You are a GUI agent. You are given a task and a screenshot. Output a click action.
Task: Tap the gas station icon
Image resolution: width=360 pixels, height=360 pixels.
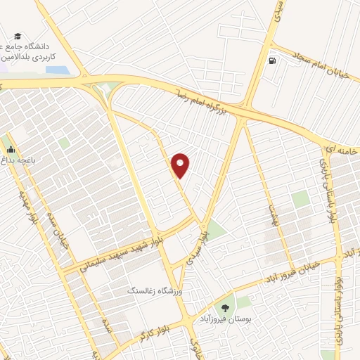(272, 60)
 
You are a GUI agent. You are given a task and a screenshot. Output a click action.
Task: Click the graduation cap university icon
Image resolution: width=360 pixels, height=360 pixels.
(17, 37)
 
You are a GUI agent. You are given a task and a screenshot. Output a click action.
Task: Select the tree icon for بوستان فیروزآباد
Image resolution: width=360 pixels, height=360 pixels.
(226, 307)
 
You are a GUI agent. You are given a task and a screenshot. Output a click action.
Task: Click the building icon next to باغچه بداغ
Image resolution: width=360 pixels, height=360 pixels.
(10, 149)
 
